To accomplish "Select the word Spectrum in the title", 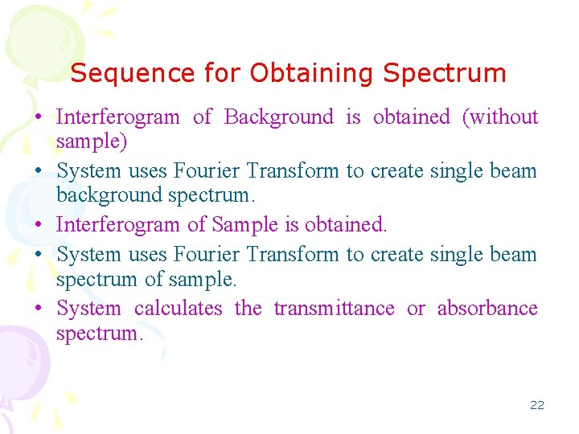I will pos(445,73).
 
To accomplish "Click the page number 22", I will pos(536,405).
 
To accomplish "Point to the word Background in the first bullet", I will pos(278,117).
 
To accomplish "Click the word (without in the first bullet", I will pos(500,117).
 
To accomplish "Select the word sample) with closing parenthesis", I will pos(92,142).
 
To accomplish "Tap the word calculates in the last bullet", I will pos(178,309).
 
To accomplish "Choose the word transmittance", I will pos(334,309).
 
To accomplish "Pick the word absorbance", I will pos(487,309).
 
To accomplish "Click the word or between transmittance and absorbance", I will pos(416,309).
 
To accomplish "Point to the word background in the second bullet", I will pos(109,195).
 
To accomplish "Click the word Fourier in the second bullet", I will pos(203,170).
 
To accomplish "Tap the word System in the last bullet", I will pos(88,309).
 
